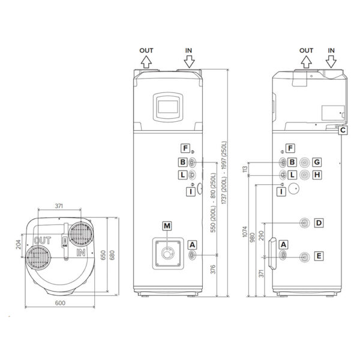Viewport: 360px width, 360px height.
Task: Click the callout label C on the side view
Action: click(342, 129)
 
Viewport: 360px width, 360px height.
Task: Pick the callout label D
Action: click(319, 223)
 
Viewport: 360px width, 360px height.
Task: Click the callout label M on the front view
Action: click(167, 225)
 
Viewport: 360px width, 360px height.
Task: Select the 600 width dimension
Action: click(60, 304)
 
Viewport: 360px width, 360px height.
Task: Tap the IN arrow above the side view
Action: click(332, 61)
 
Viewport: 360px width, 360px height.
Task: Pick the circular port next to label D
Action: click(305, 223)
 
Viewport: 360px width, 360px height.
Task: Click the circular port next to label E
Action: click(305, 256)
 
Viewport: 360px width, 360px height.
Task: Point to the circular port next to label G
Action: click(305, 162)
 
